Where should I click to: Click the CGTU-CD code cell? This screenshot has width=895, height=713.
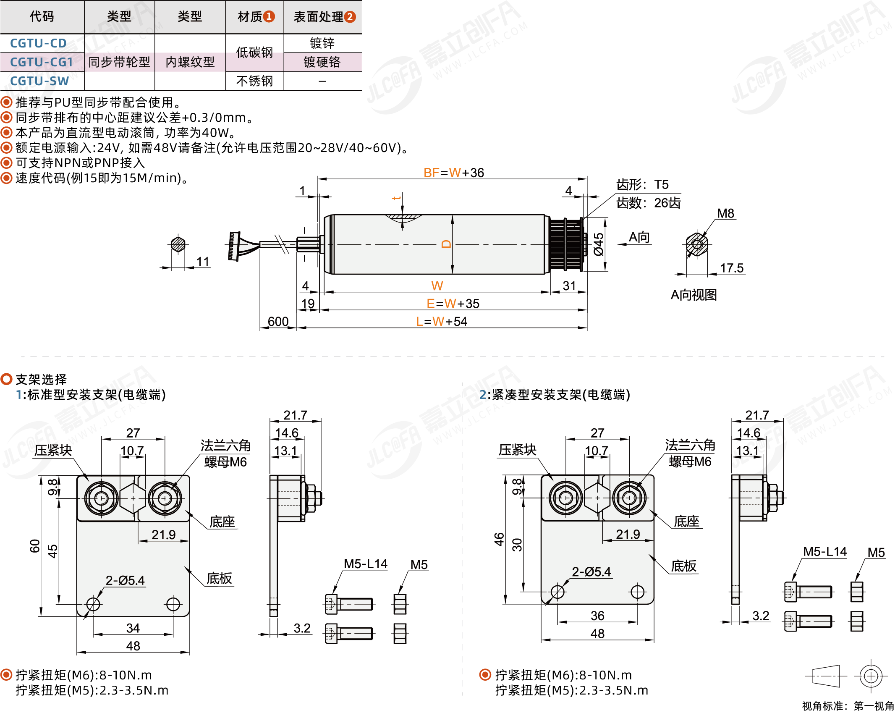click(x=38, y=43)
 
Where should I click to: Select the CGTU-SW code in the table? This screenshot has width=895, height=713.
click(x=39, y=81)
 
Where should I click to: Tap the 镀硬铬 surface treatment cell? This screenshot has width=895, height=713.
click(x=322, y=62)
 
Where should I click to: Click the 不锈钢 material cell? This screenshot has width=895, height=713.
click(x=254, y=81)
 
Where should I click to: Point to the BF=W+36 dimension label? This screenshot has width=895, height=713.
click(x=453, y=173)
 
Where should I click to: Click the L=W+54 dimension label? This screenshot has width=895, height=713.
click(x=441, y=321)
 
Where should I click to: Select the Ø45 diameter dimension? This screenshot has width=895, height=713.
click(x=598, y=244)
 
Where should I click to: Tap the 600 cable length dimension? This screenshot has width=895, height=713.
click(x=278, y=321)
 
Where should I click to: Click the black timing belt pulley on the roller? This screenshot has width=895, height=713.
click(x=565, y=244)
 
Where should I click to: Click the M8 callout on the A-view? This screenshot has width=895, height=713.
click(x=725, y=213)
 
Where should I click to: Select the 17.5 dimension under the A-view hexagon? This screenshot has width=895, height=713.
click(x=732, y=268)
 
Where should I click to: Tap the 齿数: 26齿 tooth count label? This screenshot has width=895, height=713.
click(x=648, y=203)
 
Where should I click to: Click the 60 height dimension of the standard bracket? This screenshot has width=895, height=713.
click(x=35, y=546)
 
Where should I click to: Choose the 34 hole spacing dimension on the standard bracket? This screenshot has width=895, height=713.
click(x=133, y=628)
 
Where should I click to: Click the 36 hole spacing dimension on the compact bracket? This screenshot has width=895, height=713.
click(x=597, y=616)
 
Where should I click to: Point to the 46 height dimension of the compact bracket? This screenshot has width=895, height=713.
click(x=499, y=539)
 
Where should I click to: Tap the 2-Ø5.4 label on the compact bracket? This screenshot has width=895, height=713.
click(x=591, y=571)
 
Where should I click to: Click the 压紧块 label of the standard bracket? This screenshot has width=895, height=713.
click(x=53, y=451)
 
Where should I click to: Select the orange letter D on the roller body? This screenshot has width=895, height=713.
click(x=446, y=244)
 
